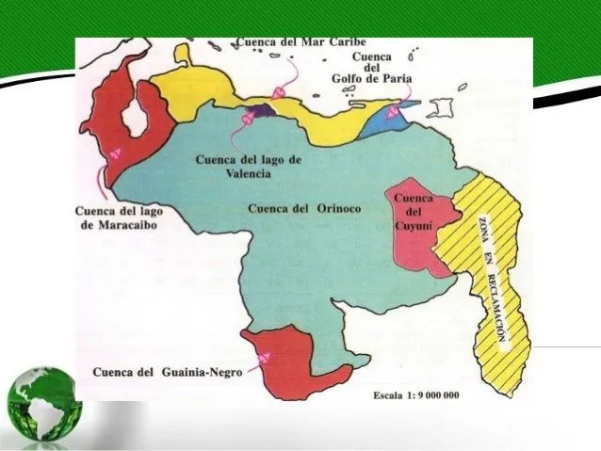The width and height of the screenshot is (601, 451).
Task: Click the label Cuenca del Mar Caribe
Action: pyautogui.click(x=300, y=42)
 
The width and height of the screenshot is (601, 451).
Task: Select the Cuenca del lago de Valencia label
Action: pyautogui.click(x=249, y=167)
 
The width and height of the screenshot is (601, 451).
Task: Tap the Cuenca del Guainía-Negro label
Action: pyautogui.click(x=168, y=372)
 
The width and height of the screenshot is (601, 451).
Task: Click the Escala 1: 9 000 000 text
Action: pyautogui.click(x=415, y=395)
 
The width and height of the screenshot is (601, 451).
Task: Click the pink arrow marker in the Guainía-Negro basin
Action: pyautogui.click(x=265, y=356)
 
